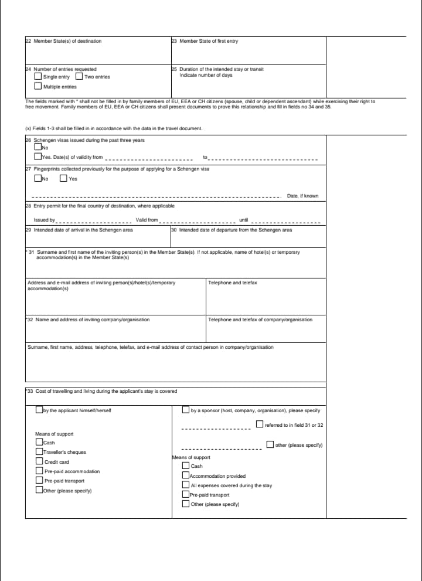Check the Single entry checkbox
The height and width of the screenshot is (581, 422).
[x=38, y=77]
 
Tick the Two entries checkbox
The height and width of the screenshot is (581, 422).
[x=79, y=77]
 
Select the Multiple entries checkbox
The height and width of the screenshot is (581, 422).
[x=38, y=87]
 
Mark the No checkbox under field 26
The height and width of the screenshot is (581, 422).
[x=38, y=148]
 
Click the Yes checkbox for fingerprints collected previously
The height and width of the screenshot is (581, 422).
[x=63, y=179]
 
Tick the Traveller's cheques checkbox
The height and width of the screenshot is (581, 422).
[x=39, y=452]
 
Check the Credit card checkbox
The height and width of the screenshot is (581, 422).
[x=39, y=462]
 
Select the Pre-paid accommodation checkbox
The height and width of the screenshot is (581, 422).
[x=39, y=471]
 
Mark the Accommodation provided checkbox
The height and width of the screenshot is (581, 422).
[x=186, y=476]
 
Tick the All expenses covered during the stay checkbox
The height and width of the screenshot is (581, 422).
[x=186, y=485]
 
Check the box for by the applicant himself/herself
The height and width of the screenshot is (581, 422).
[x=39, y=410]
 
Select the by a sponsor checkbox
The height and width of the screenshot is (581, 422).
[x=186, y=410]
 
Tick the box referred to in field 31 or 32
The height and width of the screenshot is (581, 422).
[x=260, y=424]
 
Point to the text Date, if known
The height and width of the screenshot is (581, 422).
[x=302, y=196]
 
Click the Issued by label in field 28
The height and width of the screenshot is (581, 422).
[x=44, y=220]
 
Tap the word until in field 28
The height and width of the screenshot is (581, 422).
[x=244, y=220]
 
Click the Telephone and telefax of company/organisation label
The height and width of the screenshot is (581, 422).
[x=260, y=320]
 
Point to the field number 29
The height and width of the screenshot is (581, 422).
[x=28, y=230]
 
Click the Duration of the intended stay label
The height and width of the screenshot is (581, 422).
[x=221, y=69]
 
